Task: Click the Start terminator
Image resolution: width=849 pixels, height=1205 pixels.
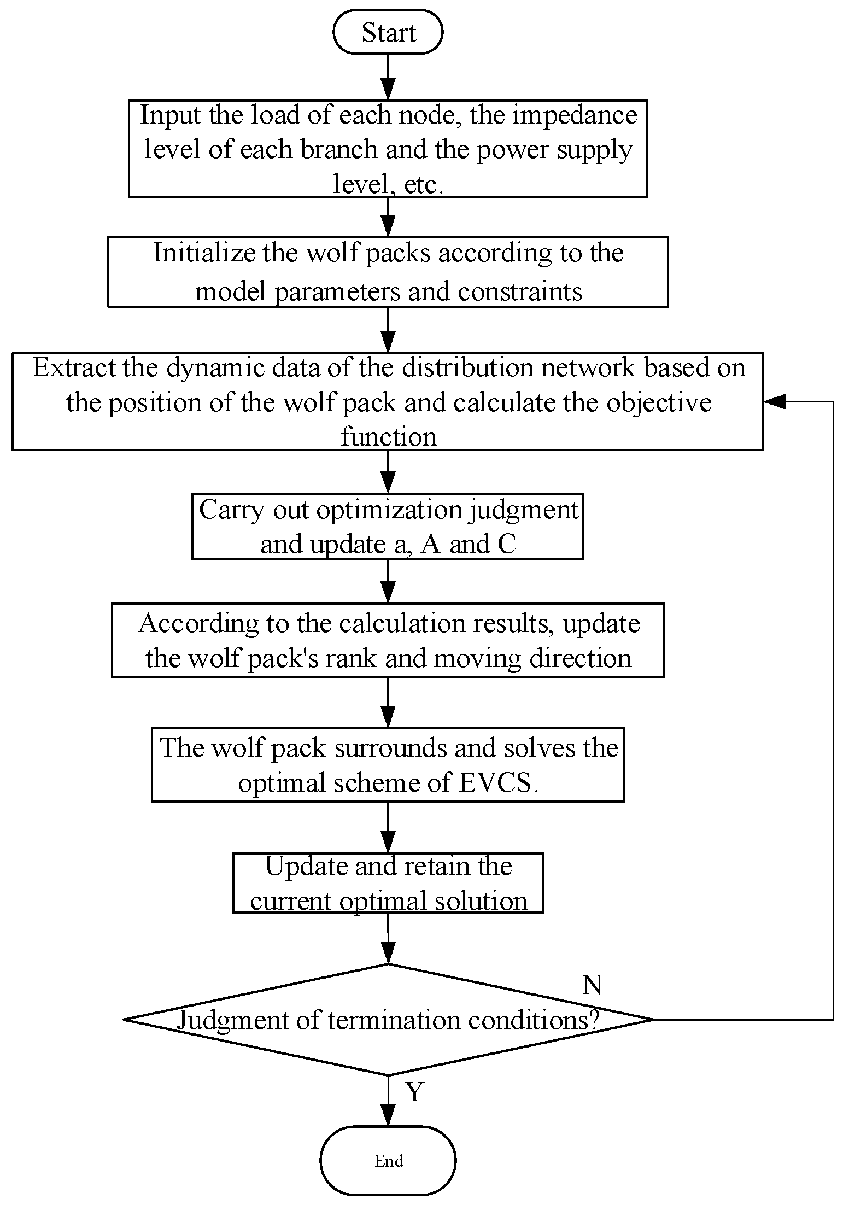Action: click(388, 32)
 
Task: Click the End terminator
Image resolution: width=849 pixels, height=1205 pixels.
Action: click(388, 1160)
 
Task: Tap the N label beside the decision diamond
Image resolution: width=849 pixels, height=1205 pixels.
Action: click(592, 985)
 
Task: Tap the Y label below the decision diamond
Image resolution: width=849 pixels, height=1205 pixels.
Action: click(415, 1092)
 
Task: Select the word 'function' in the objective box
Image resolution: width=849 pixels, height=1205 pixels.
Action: click(389, 437)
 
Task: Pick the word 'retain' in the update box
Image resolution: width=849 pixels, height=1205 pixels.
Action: click(435, 867)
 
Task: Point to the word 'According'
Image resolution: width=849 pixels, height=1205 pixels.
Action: click(198, 624)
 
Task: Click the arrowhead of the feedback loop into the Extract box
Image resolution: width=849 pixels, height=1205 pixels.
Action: click(773, 401)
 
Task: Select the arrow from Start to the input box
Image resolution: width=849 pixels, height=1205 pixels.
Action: click(388, 77)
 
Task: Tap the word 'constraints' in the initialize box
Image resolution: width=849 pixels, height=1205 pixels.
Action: click(520, 291)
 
